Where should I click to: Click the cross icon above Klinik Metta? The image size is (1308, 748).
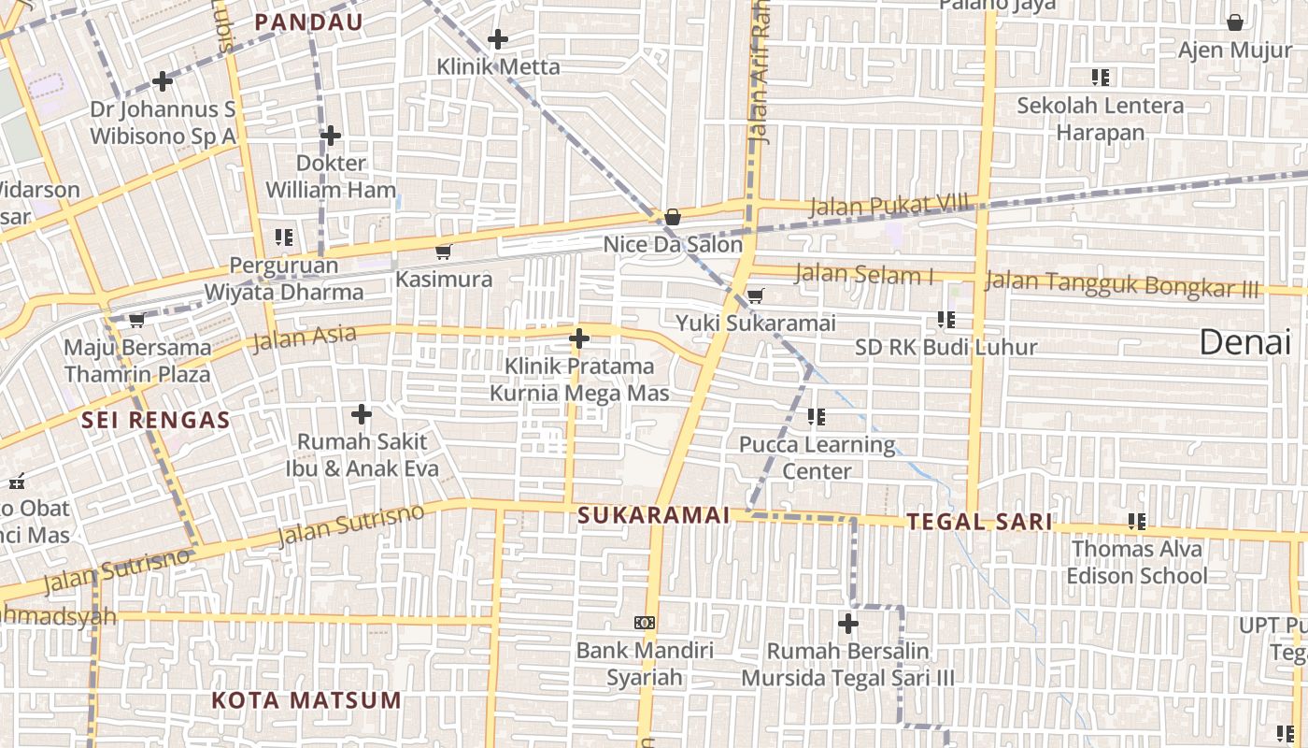click(498, 39)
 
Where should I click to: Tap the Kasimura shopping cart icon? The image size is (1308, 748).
click(444, 252)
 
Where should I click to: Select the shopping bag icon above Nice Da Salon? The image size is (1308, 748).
click(672, 217)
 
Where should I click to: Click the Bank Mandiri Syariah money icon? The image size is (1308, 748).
click(645, 623)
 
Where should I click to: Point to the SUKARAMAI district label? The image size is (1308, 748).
click(653, 515)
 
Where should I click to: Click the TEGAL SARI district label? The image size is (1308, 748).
click(979, 522)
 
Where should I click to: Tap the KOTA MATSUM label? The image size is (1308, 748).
click(306, 700)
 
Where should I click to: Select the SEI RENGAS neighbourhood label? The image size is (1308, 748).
click(155, 420)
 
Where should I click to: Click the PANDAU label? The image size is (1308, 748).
click(308, 22)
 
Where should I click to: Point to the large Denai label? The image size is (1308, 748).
click(1244, 342)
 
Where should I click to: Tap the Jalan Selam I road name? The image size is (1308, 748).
click(863, 275)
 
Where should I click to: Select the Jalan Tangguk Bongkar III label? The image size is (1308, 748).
click(1121, 283)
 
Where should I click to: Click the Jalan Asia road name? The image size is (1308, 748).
click(305, 338)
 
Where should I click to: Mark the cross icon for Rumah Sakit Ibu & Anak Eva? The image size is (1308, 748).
click(362, 413)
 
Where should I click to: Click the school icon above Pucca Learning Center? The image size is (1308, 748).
click(817, 416)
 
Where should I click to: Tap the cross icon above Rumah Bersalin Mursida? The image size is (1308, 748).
click(848, 623)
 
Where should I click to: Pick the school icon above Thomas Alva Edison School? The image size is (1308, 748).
click(1137, 521)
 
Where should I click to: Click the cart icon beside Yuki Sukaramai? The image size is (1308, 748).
click(755, 296)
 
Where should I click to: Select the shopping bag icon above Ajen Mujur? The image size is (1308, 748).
click(1234, 22)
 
